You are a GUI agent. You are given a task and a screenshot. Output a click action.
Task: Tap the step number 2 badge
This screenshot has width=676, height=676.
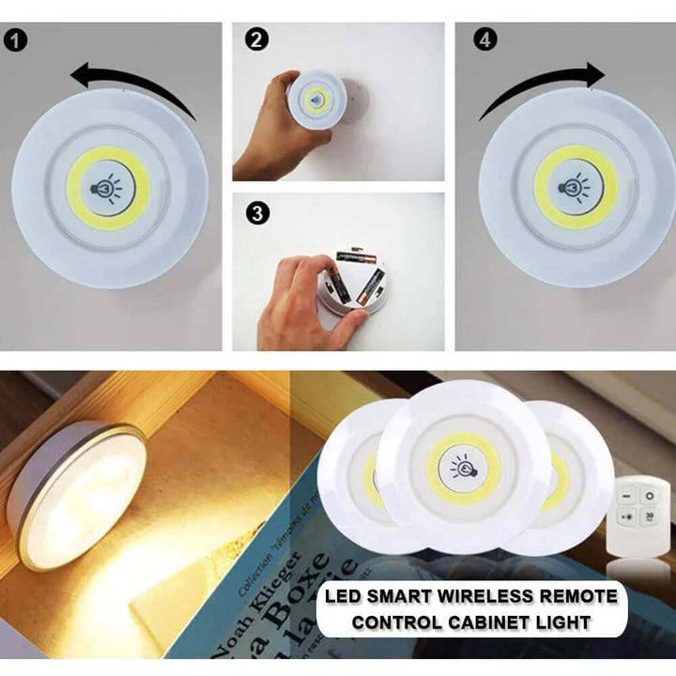tap(256, 41)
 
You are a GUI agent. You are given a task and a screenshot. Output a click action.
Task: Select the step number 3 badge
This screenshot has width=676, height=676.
tap(256, 214)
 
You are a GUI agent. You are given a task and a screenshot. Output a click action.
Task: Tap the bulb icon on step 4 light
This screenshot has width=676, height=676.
tap(576, 186)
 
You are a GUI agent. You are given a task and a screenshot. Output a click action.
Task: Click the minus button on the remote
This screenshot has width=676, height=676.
tap(628, 495)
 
